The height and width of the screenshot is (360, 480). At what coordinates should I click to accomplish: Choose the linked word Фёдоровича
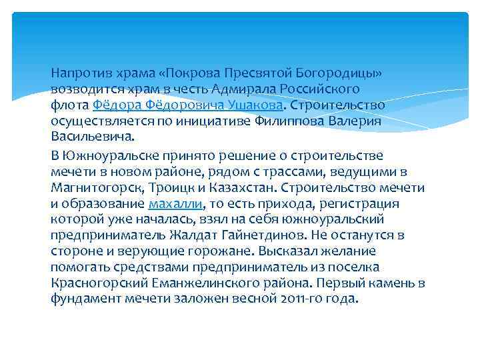coord(188,105)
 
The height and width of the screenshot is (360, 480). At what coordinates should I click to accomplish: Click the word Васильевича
coord(91,138)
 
